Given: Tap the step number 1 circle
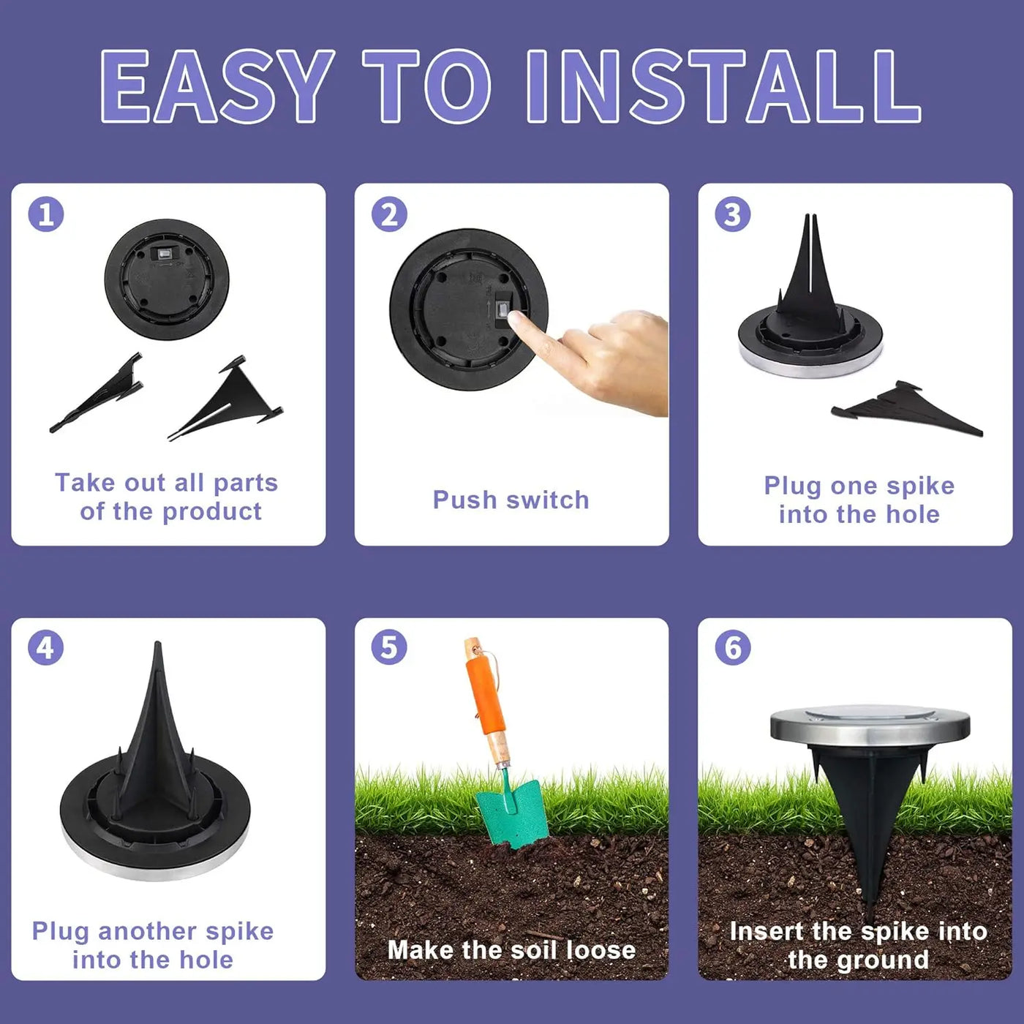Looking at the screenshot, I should [x=46, y=214].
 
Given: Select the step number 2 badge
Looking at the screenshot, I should [x=389, y=214].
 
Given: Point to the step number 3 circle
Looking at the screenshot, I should [x=732, y=214].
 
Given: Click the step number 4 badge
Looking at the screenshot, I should [x=46, y=648].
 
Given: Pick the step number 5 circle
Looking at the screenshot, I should [x=389, y=648].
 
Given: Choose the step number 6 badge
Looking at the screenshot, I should [x=732, y=648].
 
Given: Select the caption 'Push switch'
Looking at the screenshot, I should [x=511, y=500].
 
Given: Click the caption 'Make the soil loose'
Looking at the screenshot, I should [x=511, y=949].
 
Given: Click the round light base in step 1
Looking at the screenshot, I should [x=167, y=279].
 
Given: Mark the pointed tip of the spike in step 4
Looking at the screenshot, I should [x=157, y=648].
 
